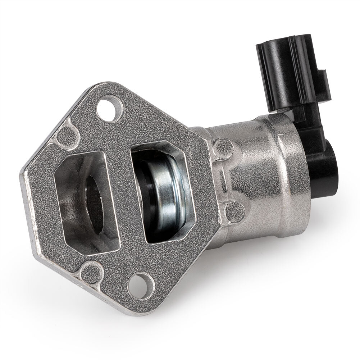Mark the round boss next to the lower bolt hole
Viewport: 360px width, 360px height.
point(88,272)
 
